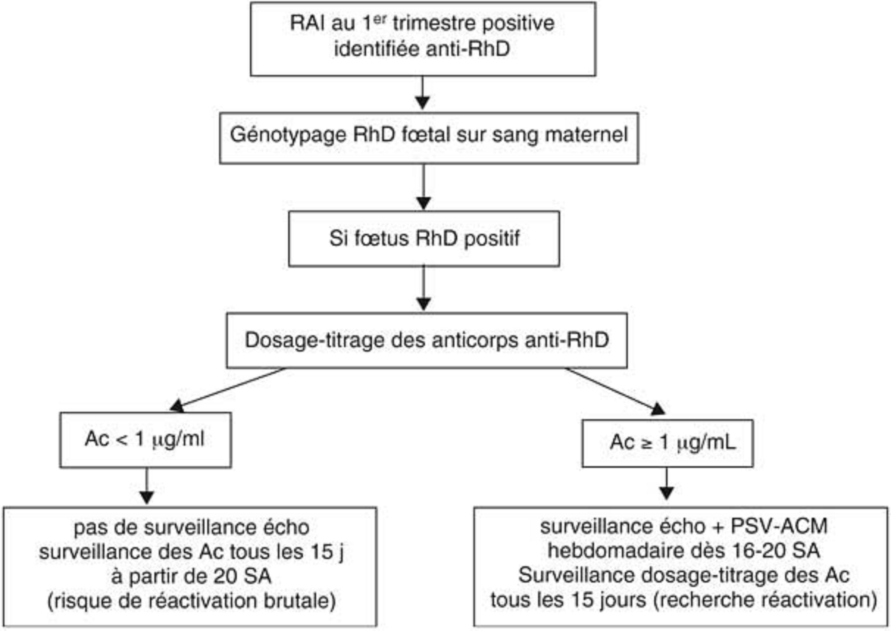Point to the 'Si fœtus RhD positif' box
[x=424, y=239]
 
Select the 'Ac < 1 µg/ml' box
[x=145, y=439]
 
